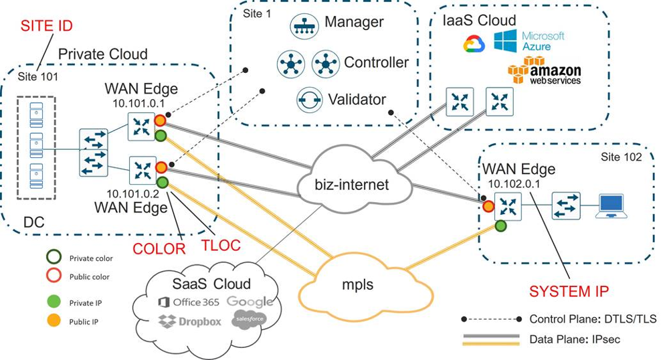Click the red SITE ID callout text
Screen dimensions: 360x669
tap(46, 26)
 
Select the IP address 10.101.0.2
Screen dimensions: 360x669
tap(133, 193)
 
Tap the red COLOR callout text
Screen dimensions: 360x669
tap(158, 248)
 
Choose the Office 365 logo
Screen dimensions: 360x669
tap(189, 302)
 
